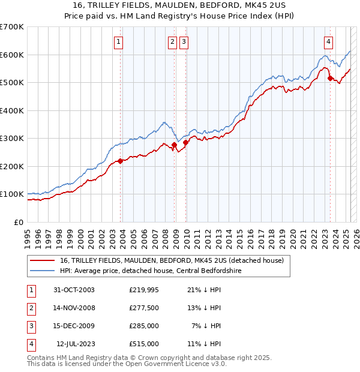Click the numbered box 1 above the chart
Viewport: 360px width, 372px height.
[x=119, y=42]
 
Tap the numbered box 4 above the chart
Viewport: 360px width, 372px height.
[x=329, y=42]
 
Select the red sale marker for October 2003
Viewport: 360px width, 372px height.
[x=121, y=161]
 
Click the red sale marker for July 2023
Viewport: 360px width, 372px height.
[x=330, y=78]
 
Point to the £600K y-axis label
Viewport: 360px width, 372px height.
[x=12, y=55]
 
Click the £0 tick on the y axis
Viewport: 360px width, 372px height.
[x=19, y=222]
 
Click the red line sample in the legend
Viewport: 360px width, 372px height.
[x=42, y=260]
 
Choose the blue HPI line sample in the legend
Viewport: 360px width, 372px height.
[x=42, y=271]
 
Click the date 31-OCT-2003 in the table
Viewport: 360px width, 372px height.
[x=74, y=290]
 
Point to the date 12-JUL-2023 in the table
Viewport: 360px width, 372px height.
[x=75, y=344]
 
